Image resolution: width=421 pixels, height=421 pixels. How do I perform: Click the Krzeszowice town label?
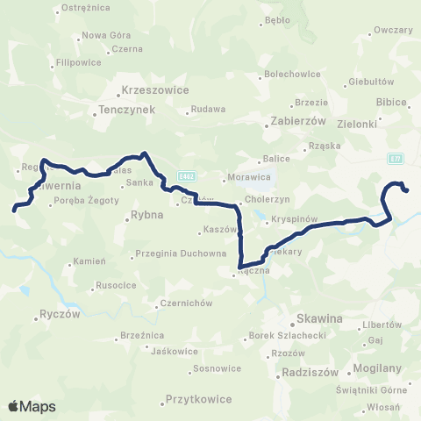pyautogui.click(x=151, y=92)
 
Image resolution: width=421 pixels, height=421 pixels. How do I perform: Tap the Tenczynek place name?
pyautogui.click(x=122, y=111)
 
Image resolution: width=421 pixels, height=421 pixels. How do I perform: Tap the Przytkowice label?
pyautogui.click(x=198, y=399)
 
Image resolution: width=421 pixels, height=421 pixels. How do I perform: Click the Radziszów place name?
pyautogui.click(x=310, y=372)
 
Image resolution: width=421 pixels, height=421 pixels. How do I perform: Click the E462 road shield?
pyautogui.click(x=185, y=176)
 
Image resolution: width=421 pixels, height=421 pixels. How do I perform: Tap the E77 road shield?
pyautogui.click(x=396, y=158)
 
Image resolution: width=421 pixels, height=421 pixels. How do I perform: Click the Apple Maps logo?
pyautogui.click(x=32, y=406)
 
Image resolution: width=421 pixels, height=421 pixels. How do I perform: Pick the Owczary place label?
pyautogui.click(x=392, y=29)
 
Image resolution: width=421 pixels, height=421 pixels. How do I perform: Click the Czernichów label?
pyautogui.click(x=182, y=303)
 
